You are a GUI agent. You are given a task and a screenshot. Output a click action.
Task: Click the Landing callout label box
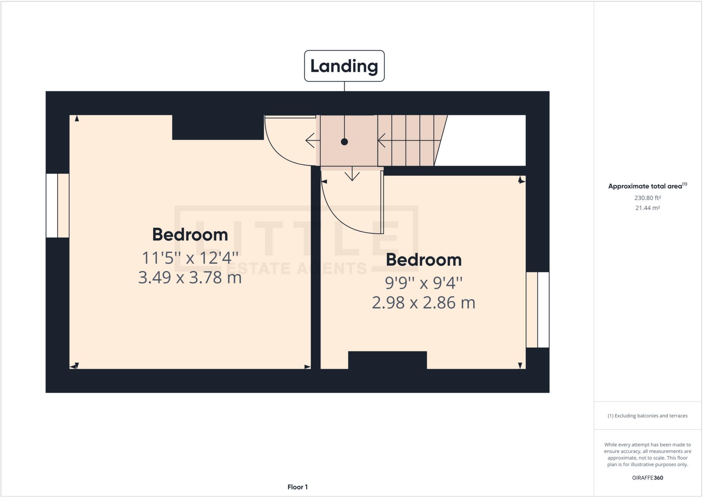click(344, 66)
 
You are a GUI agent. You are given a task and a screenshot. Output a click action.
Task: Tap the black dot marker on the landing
click(344, 142)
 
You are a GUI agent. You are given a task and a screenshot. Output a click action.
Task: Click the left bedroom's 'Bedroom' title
click(190, 235)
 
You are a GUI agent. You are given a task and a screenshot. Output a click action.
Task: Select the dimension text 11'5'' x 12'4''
click(190, 258)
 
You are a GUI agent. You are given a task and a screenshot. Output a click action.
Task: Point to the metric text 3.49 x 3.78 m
click(190, 277)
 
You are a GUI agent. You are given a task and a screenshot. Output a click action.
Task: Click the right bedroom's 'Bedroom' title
click(424, 260)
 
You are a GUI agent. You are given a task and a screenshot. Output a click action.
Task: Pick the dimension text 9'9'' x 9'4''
click(424, 283)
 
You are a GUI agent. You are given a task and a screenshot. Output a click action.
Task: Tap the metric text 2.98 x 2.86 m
click(424, 303)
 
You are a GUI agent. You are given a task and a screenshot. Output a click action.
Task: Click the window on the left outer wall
click(58, 206)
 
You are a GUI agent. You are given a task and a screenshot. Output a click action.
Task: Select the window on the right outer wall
click(538, 310)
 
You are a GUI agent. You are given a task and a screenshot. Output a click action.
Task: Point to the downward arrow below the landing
click(352, 174)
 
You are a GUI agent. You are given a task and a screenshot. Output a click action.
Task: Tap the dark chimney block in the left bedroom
click(218, 127)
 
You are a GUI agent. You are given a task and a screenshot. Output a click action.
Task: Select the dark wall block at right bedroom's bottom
click(387, 360)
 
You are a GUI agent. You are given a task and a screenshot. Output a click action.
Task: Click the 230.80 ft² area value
click(647, 198)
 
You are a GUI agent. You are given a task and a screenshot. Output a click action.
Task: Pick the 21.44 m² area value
click(647, 208)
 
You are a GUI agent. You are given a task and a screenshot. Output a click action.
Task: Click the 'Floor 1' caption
click(297, 487)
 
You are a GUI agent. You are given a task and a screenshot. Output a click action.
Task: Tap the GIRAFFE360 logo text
click(647, 478)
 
